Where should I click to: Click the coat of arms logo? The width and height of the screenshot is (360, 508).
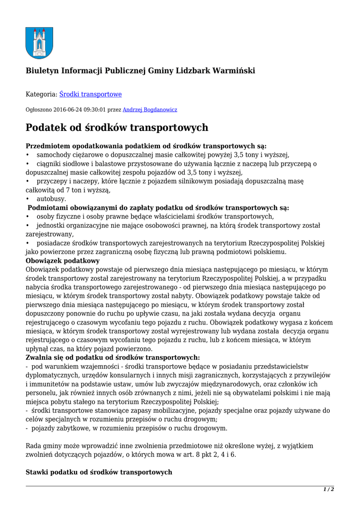39,43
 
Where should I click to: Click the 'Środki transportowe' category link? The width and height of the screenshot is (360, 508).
90,94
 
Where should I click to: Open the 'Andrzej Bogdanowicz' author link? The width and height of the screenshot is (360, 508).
149,110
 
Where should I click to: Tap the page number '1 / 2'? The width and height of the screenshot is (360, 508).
329,490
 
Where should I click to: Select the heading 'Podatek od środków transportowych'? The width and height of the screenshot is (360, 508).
117,128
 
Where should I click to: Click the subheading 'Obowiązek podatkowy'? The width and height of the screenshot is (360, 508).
63,260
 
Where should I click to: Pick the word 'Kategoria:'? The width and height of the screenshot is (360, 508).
41,94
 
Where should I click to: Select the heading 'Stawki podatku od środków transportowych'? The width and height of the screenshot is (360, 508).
99,472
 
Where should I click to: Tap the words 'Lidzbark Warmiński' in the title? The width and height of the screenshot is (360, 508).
216,71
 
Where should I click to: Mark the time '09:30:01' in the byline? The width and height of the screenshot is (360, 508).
95,110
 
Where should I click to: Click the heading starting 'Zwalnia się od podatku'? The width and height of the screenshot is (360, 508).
113,357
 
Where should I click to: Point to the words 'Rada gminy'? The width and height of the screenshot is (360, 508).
43,446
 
